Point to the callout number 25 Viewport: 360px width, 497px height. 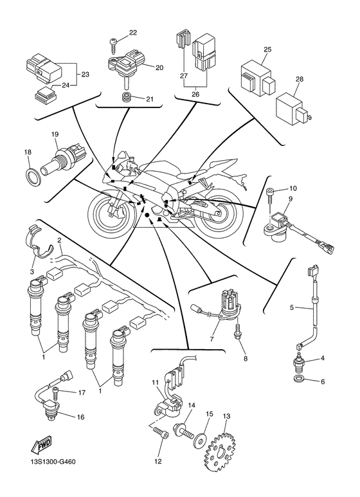[x=267, y=49]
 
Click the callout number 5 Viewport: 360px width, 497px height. [x=291, y=308]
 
